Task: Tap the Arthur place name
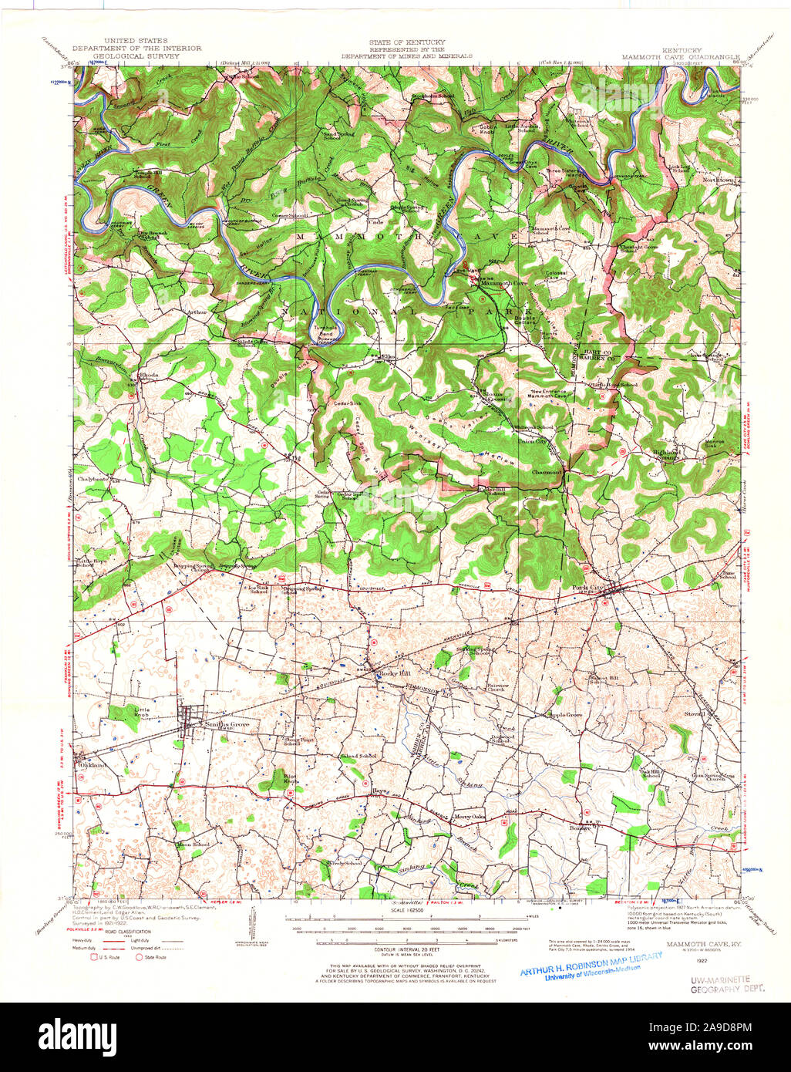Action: click(197, 312)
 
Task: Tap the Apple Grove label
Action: click(564, 715)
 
